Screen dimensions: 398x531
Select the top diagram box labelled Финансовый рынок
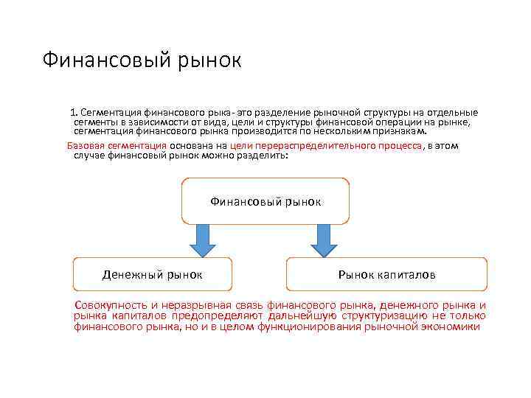coord(265,200)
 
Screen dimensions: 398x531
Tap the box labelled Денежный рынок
coord(153,274)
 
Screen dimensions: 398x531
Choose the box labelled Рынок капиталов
coord(386,274)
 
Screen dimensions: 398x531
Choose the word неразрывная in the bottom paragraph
coord(200,305)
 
